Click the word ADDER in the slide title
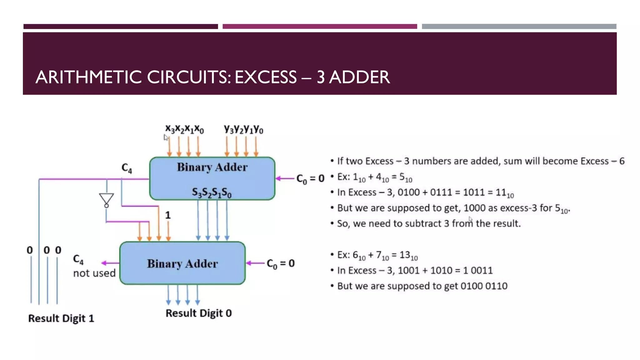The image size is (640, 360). [x=359, y=77]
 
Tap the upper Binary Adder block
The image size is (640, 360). [x=212, y=178]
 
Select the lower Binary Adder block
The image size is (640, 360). [x=182, y=263]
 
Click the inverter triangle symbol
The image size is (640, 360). [x=106, y=199]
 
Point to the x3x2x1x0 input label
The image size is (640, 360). [x=184, y=129]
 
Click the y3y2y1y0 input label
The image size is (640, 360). [x=243, y=129]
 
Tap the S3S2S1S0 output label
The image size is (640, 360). [x=212, y=192]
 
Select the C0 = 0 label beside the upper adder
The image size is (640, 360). [x=310, y=179]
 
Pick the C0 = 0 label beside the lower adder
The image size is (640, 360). [x=280, y=263]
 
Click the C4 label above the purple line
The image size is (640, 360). [x=127, y=168]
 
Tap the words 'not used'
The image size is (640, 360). [x=94, y=273]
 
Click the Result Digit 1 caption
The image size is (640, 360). [x=61, y=318]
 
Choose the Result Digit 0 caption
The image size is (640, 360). [x=198, y=313]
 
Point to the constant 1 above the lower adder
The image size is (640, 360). [x=168, y=215]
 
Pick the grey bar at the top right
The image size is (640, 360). [x=519, y=27]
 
